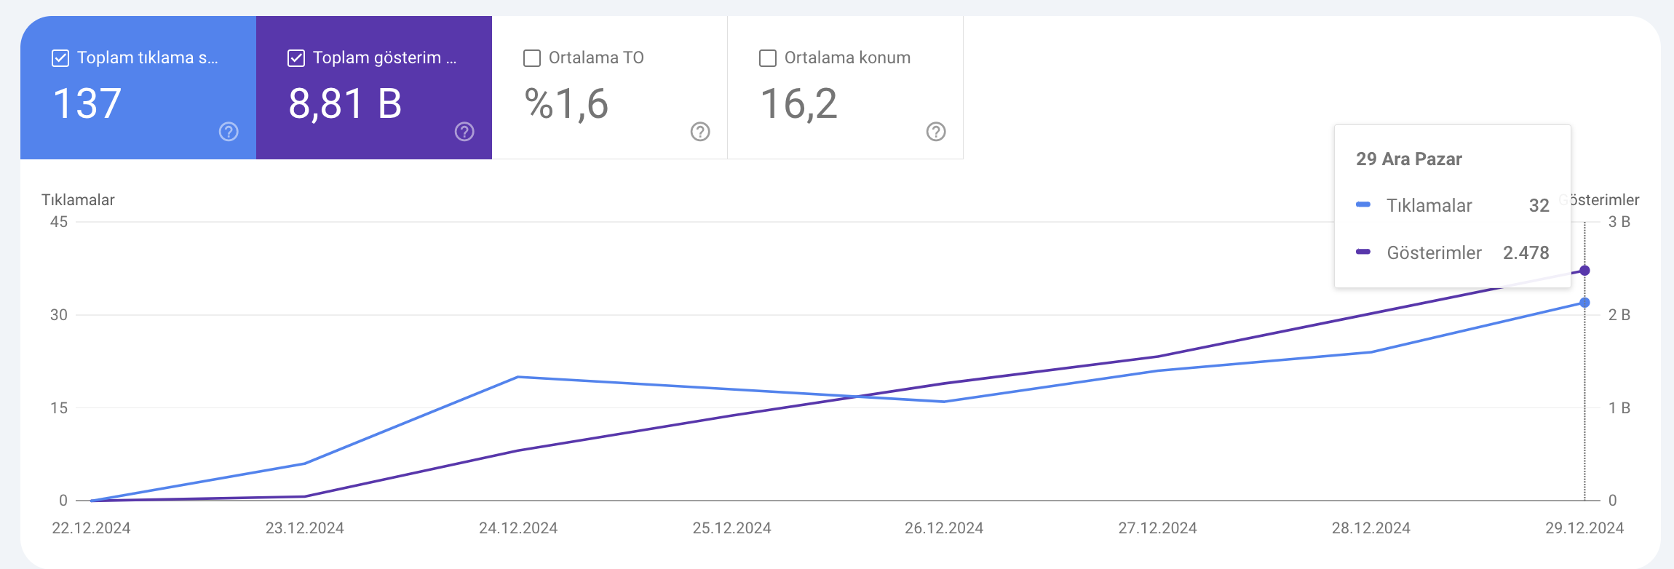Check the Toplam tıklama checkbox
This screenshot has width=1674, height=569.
point(60,58)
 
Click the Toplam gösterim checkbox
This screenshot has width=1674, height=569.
point(296,58)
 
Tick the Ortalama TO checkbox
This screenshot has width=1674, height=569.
point(532,58)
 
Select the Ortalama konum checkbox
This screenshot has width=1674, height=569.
point(768,58)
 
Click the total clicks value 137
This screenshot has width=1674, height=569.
point(87,103)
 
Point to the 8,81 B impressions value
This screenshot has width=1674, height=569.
point(345,103)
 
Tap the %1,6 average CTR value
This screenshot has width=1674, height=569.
point(566,103)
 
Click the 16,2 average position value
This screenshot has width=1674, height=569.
point(798,103)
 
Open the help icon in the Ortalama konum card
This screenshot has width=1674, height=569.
point(936,132)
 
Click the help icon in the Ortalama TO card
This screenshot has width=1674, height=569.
point(700,132)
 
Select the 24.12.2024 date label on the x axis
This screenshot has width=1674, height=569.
point(518,528)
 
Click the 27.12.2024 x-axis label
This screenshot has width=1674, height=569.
point(1157,528)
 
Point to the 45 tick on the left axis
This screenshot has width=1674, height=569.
point(59,222)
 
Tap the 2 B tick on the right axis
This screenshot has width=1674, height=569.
point(1619,315)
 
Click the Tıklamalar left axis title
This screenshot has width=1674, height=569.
point(78,200)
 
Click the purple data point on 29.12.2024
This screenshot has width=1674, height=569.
point(1584,271)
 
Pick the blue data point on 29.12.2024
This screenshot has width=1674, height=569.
point(1584,303)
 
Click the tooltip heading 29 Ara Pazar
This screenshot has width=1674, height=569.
point(1409,159)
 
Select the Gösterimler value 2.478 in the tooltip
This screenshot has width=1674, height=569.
point(1526,253)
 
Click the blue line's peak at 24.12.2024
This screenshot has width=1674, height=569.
point(517,377)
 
